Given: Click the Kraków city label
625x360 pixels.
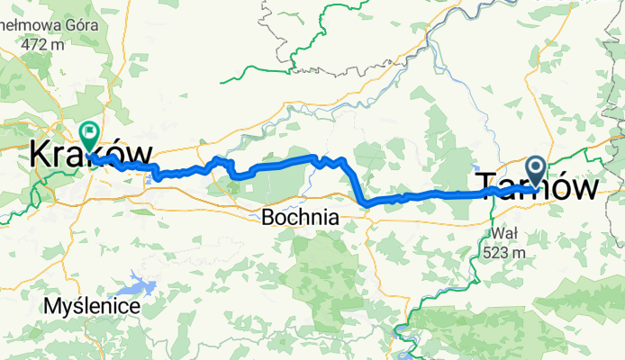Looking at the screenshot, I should click(x=90, y=154).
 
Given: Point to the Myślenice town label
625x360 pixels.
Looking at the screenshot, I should click(x=90, y=307).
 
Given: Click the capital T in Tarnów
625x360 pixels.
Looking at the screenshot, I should click(x=484, y=187).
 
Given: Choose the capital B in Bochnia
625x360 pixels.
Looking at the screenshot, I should click(x=267, y=217).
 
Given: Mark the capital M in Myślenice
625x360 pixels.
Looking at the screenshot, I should click(x=49, y=307).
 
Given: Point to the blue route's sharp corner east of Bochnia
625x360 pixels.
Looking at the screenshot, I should click(x=367, y=204).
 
